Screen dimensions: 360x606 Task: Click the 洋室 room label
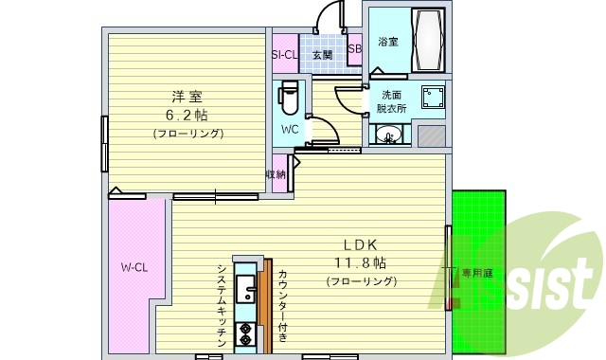pos(187,97)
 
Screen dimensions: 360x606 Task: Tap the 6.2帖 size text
pos(187,115)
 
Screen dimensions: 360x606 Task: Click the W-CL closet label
pos(133,266)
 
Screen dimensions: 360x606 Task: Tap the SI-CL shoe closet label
pos(285,55)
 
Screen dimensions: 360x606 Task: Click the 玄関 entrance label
pos(322,55)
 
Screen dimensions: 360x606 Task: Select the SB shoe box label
pos(354,49)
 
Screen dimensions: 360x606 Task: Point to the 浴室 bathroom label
pos(388,42)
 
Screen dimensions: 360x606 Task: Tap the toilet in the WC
pos(290,96)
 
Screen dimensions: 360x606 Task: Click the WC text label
pos(291,128)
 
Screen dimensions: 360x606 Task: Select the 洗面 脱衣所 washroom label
pos(393,101)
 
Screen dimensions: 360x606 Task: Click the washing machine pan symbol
pos(435,99)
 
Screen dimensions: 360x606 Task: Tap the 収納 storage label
pos(276,174)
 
